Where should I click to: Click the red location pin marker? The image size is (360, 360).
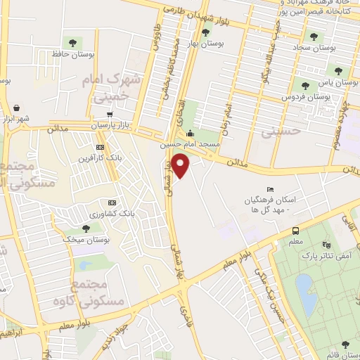pyautogui.click(x=181, y=165)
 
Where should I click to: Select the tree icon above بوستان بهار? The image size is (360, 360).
pyautogui.click(x=205, y=32)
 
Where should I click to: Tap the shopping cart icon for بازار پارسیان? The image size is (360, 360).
pyautogui.click(x=110, y=114)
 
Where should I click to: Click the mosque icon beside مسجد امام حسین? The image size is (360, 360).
pyautogui.click(x=189, y=134)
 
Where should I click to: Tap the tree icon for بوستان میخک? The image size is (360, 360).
pyautogui.click(x=86, y=228)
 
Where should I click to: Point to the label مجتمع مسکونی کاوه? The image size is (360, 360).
pyautogui.click(x=99, y=292)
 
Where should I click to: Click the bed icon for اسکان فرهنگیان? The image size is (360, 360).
pyautogui.click(x=271, y=190)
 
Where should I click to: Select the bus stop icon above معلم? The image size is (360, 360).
pyautogui.click(x=295, y=231)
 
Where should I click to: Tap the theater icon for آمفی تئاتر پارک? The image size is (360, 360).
pyautogui.click(x=326, y=244)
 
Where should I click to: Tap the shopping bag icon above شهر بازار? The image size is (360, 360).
pyautogui.click(x=15, y=108)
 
